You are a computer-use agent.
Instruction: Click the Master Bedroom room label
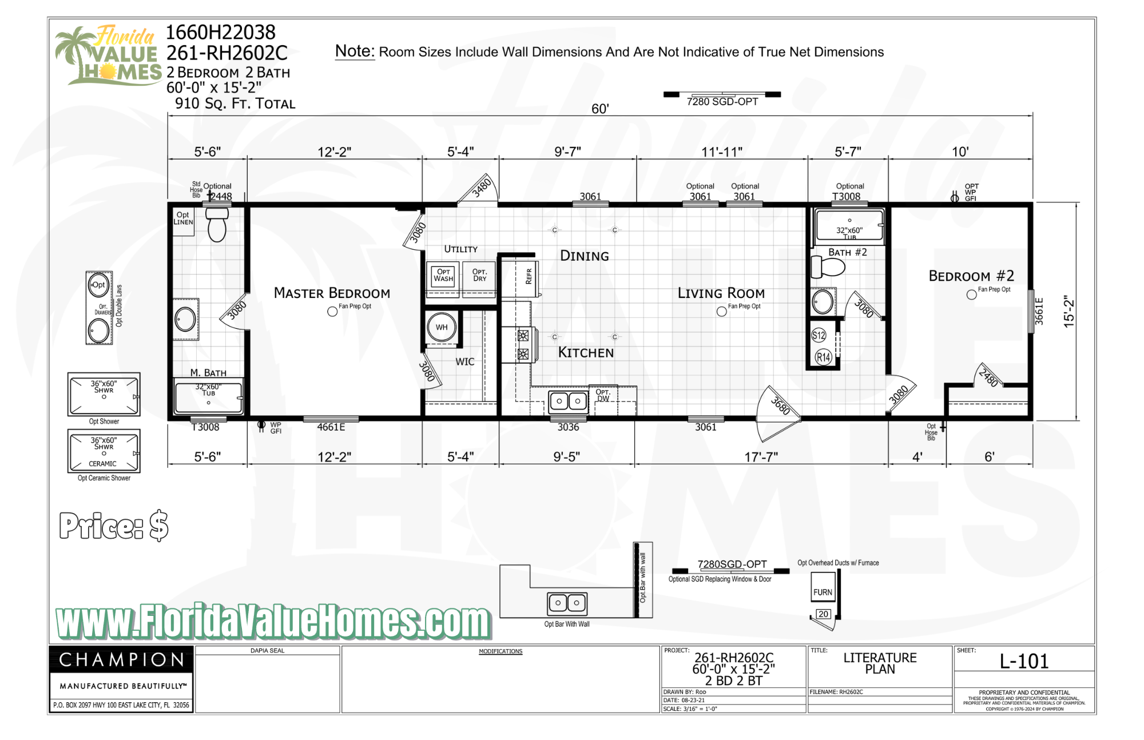pos(332,293)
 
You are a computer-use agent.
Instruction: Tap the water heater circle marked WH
pos(441,328)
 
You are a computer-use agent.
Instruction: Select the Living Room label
pos(721,293)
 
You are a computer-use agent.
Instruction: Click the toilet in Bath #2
pos(828,267)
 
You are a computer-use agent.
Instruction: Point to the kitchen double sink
pos(568,401)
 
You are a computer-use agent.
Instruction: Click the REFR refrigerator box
pos(529,277)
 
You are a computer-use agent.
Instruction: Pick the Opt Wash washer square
pos(443,276)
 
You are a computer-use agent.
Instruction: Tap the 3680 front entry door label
pos(780,405)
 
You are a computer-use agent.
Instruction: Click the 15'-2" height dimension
pos(1068,312)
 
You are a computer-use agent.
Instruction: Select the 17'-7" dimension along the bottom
pos(761,456)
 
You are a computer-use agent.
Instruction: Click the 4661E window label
pos(331,427)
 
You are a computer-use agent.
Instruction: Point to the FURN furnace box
pos(823,592)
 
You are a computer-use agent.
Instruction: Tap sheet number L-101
pos(1024,662)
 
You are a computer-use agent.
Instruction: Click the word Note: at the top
pos(355,51)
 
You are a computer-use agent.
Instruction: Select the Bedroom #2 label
pos(971,276)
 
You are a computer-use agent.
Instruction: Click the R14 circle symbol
pos(823,357)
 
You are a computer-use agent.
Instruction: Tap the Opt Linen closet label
pos(183,218)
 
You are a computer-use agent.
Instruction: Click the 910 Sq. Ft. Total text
pos(235,104)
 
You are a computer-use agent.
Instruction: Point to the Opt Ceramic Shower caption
pos(104,478)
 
